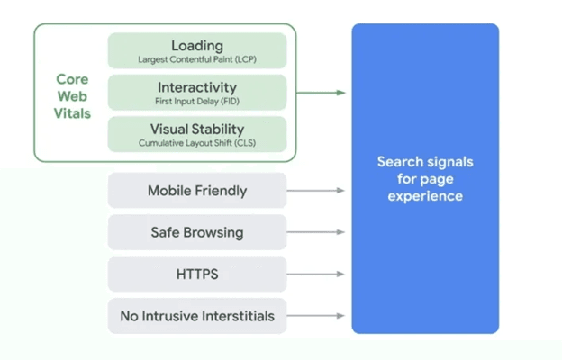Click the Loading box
click(197, 50)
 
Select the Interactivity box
click(197, 93)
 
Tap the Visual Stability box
click(197, 134)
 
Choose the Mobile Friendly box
click(197, 191)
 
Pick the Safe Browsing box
click(197, 232)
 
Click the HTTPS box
click(197, 274)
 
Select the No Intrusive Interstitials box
click(197, 316)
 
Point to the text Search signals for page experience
click(424, 178)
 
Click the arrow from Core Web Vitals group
click(321, 93)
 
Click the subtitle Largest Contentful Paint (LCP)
click(197, 59)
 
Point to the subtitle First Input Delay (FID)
click(197, 102)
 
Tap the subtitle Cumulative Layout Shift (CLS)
click(197, 143)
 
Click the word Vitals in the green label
click(73, 114)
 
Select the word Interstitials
click(233, 316)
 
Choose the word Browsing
click(215, 232)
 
